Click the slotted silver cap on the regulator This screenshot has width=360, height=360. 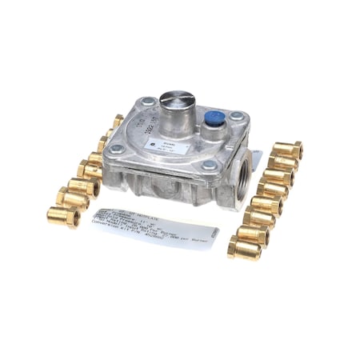tap(174, 104)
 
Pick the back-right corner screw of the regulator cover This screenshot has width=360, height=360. tap(237, 117)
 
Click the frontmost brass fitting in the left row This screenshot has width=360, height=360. tap(63, 216)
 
